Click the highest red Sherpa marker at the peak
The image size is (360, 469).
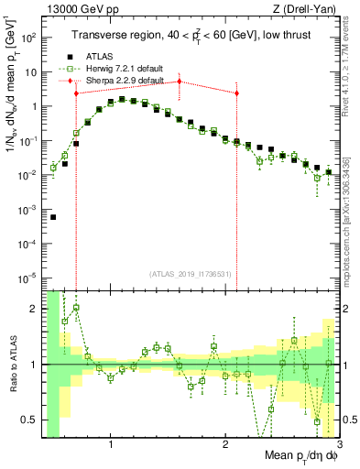point(180,82)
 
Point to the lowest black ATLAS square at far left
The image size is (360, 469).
point(53,217)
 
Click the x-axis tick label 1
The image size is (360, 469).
point(111,444)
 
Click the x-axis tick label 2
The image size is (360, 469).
point(225,444)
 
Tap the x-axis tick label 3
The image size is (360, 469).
point(339,444)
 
